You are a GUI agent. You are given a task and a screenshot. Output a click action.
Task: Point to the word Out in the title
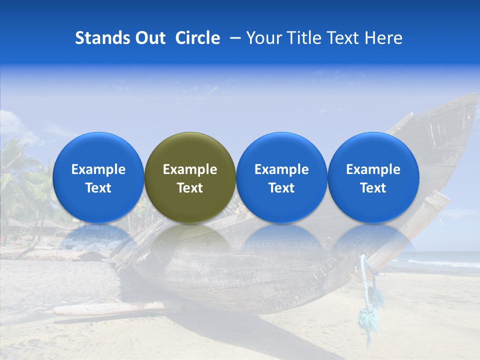[149, 38]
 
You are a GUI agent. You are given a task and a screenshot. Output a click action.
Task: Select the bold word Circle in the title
[197, 38]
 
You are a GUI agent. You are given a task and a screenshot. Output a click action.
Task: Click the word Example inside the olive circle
[190, 169]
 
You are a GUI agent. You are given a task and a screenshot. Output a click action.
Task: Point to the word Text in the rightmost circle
[373, 188]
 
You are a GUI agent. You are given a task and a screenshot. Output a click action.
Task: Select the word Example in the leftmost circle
[98, 169]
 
